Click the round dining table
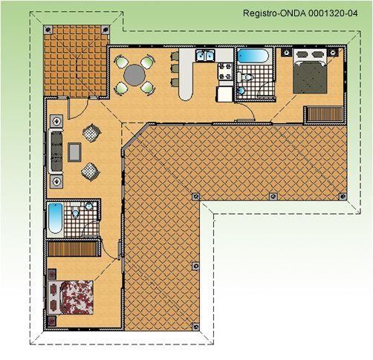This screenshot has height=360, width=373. pos(134,75)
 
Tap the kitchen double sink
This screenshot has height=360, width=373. pos(205,55)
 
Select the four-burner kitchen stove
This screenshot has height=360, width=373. pos(225,71)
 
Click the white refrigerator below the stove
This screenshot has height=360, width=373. pos(224,94)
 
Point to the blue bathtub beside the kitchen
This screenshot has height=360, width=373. pos(253,56)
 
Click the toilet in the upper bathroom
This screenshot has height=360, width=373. pos(244,77)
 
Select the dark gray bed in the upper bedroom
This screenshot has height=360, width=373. pos(310,71)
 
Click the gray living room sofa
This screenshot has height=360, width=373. pos(56,151)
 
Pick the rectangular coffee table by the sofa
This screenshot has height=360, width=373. pos(74,152)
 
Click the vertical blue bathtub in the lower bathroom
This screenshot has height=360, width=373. pos(55,218)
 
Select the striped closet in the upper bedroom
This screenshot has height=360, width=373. pos(325,114)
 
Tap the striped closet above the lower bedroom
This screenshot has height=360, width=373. pos(72,249)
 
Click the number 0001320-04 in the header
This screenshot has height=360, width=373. pos(333,13)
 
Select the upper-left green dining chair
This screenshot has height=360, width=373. pos(122,62)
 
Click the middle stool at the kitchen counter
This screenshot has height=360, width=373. pos(175,68)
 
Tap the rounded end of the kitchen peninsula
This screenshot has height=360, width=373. pos(186,94)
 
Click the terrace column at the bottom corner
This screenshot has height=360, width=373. pos(195,327)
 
